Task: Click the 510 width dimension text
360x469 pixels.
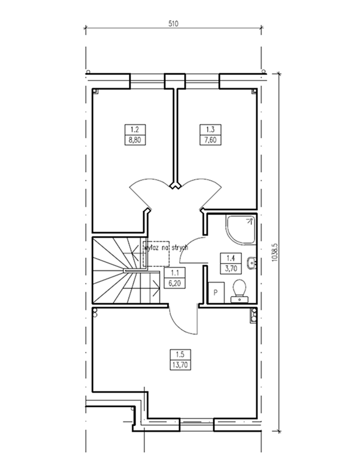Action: coord(173,24)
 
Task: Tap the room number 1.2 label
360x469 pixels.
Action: coord(135,129)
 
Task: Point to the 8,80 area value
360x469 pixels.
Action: coord(135,140)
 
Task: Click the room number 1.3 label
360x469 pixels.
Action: coord(211,129)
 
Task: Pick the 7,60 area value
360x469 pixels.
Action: coord(211,140)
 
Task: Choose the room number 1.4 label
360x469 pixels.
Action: coord(231,258)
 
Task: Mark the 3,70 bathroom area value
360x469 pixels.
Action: coord(231,268)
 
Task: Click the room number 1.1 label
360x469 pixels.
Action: coord(175,273)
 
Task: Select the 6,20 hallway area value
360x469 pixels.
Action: coord(175,283)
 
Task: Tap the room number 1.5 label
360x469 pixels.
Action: coord(180,355)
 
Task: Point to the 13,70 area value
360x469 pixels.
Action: coord(180,365)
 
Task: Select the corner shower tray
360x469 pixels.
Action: coord(241,229)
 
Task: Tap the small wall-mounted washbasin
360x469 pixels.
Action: coord(252,263)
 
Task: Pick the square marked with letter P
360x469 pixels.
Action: coord(216,292)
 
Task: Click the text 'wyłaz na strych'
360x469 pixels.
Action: coord(166,248)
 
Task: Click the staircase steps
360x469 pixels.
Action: coord(126,270)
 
